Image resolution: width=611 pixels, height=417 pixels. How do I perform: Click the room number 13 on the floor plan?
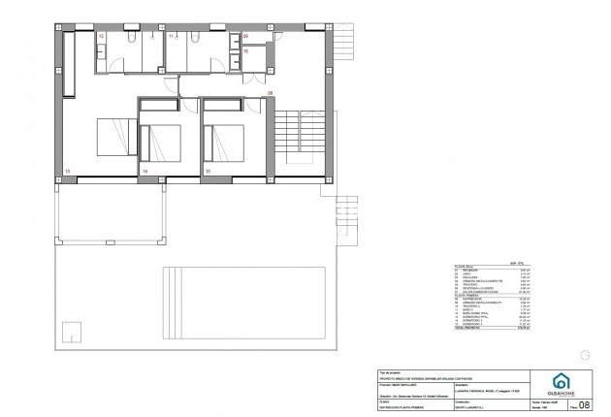[x=67, y=171]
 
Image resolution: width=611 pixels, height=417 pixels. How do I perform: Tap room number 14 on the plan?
[x=145, y=171]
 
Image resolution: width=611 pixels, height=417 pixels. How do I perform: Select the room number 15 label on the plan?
[x=208, y=171]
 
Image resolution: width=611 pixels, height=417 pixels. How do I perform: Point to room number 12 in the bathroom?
[x=102, y=36]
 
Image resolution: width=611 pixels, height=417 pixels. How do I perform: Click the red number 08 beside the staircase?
[x=271, y=92]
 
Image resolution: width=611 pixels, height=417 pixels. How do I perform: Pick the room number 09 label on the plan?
[x=246, y=36]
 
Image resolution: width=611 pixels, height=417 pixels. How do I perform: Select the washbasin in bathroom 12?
[x=101, y=50]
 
